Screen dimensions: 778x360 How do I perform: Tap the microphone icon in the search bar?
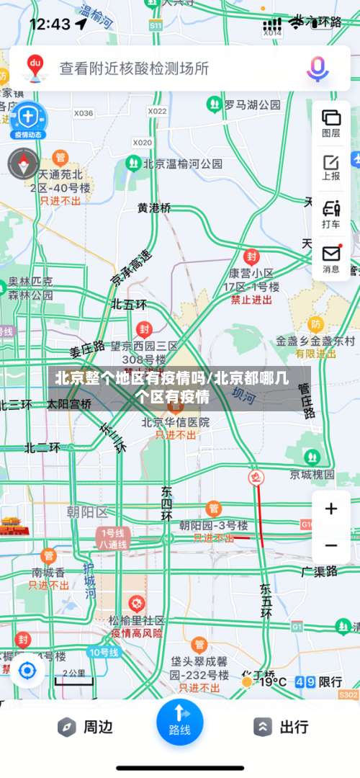[318, 68]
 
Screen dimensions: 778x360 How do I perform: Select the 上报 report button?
[331, 166]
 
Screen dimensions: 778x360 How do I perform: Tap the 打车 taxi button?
[331, 214]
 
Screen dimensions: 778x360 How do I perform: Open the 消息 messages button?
[331, 259]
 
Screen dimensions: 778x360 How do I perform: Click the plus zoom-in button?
[331, 509]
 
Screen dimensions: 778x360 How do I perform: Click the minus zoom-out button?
[331, 545]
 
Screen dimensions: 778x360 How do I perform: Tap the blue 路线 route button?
[179, 720]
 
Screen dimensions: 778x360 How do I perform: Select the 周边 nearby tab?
[85, 727]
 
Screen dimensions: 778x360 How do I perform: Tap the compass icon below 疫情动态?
[24, 164]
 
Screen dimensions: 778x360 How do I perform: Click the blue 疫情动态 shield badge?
[27, 118]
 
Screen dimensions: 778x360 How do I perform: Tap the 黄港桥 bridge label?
[155, 207]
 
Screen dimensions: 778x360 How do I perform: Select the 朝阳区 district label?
[86, 512]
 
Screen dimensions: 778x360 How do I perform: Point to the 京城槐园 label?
[312, 474]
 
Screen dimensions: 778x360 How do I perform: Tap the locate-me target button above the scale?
[27, 671]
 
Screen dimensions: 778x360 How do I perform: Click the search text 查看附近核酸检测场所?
[134, 68]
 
